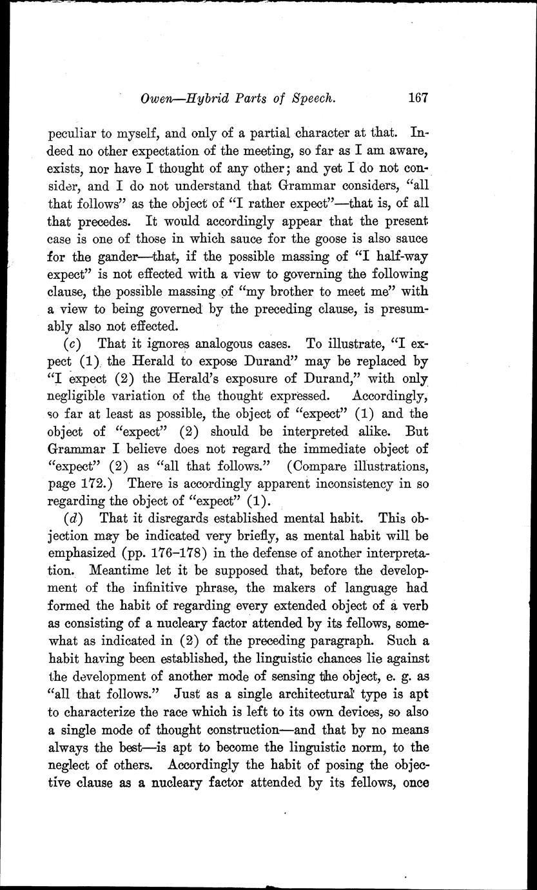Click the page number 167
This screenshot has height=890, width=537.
(418, 98)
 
